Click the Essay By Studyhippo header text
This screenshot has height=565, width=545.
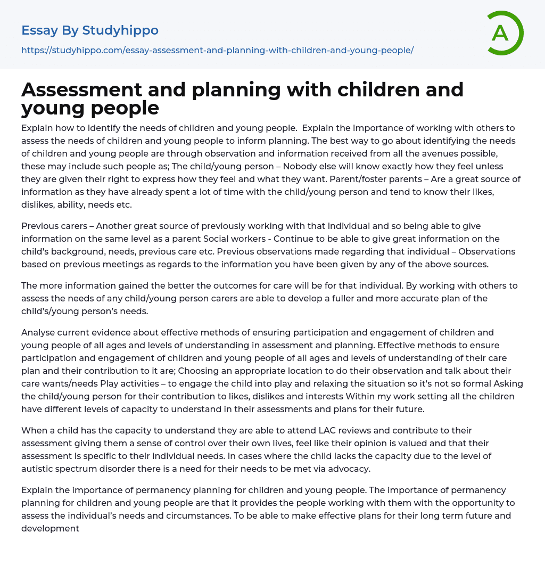pos(90,30)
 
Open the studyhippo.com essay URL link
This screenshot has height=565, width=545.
pos(217,50)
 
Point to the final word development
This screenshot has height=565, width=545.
pos(50,528)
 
